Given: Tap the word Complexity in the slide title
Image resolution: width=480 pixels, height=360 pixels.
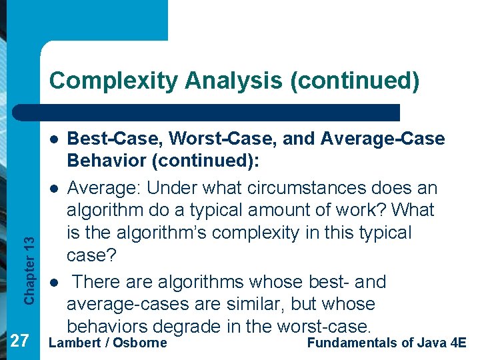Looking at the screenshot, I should pyautogui.click(x=99, y=81).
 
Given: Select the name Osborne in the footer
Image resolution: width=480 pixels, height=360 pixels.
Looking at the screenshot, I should pyautogui.click(x=139, y=343).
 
